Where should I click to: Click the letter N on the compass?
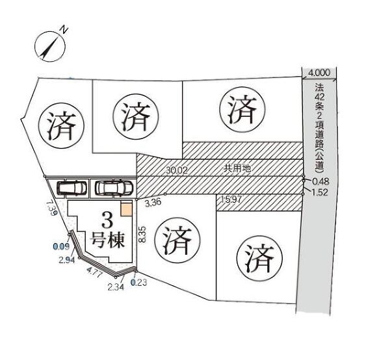[x=64, y=29]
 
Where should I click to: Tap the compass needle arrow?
[x=49, y=48]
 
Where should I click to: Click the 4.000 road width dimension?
[x=319, y=73]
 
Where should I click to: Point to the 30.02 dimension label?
[x=177, y=170]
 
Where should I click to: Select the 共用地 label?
[x=237, y=168]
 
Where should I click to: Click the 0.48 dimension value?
[x=321, y=181]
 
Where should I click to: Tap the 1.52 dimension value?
[x=320, y=192]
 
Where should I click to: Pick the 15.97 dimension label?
[x=231, y=199]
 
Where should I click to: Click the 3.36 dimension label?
[x=153, y=203]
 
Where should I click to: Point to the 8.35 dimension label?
[x=142, y=235]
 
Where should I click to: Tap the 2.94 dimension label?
[x=67, y=260]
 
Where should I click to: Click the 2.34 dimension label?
[x=116, y=287]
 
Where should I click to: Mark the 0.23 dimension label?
[x=139, y=283]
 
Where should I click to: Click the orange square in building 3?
[x=126, y=209]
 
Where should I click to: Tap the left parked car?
[x=72, y=188]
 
